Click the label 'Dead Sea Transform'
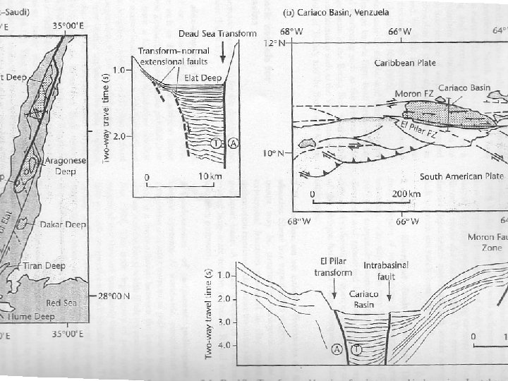pyautogui.click(x=217, y=33)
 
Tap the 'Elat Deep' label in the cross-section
pyautogui.click(x=203, y=78)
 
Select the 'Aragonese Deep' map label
pyautogui.click(x=65, y=165)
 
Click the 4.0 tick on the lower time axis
pyautogui.click(x=227, y=345)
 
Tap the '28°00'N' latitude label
pyautogui.click(x=116, y=296)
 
